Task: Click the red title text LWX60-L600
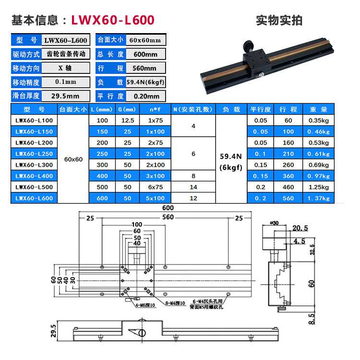click(x=113, y=20)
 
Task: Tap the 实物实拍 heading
click(x=279, y=20)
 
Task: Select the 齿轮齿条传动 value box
click(x=66, y=54)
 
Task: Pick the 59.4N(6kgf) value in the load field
click(x=145, y=82)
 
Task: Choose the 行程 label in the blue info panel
click(x=110, y=68)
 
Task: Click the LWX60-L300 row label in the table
click(x=34, y=165)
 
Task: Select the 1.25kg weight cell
click(x=319, y=187)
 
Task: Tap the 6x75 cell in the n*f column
click(x=156, y=187)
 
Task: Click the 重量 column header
click(x=319, y=110)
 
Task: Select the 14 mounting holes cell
click(x=194, y=187)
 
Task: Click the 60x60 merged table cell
click(x=73, y=159)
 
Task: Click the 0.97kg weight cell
click(x=319, y=176)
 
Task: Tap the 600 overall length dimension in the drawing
click(x=168, y=208)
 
